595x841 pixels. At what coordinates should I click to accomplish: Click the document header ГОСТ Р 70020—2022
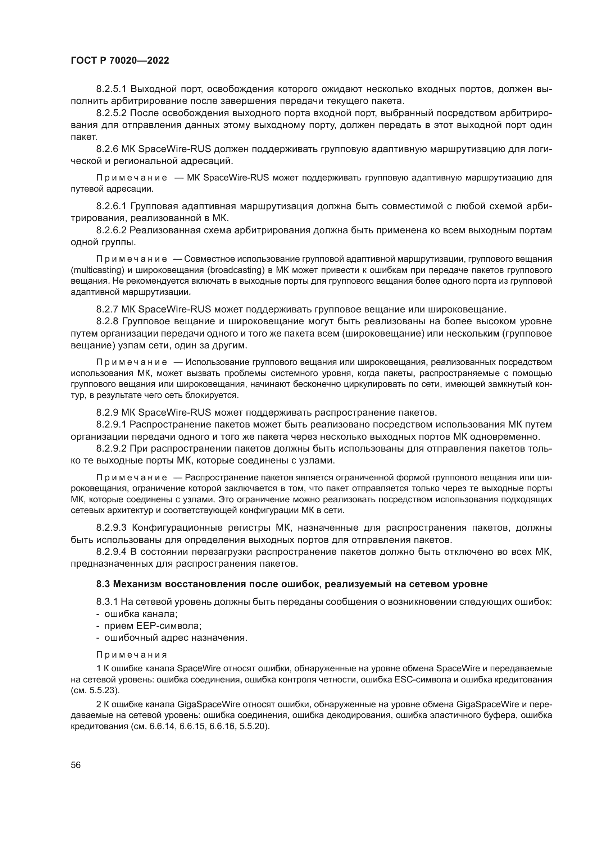coord(120,61)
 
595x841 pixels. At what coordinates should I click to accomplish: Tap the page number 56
coord(76,765)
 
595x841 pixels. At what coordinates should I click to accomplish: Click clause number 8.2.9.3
coord(112,528)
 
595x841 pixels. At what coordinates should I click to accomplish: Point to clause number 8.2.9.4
coord(112,552)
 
